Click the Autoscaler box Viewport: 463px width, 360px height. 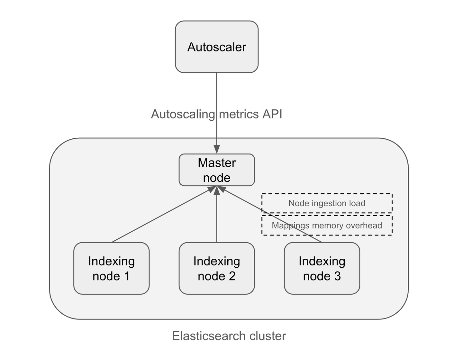(216, 47)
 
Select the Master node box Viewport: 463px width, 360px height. (216, 170)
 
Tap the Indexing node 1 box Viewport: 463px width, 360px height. (111, 268)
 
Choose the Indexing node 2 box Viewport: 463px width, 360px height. (216, 268)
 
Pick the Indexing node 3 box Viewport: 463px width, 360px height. (322, 268)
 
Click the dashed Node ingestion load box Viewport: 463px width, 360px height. (327, 203)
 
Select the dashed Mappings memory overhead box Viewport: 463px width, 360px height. (327, 225)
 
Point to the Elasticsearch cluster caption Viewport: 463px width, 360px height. (229, 336)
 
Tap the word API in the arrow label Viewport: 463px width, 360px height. (272, 114)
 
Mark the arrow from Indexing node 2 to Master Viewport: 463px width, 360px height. (217, 219)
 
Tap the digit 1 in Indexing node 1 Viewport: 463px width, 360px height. (127, 276)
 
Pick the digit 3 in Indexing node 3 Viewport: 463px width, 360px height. (337, 276)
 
